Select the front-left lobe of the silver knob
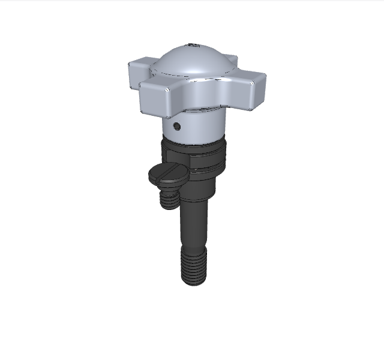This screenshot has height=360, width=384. coord(158,99)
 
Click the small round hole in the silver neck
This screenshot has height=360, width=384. coord(176,126)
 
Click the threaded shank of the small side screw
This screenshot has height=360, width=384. coord(170,198)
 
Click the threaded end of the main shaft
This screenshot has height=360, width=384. coord(195,264)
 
